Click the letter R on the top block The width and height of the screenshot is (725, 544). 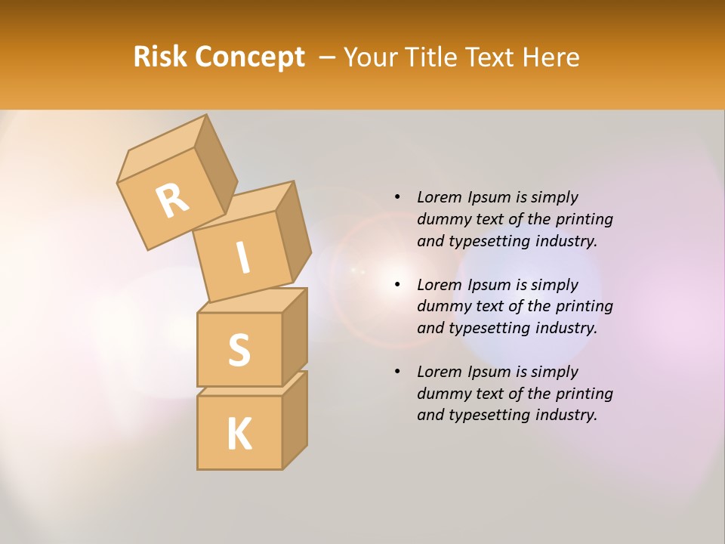[172, 200]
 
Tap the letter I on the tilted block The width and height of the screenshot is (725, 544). [242, 258]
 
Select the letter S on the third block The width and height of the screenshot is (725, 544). [239, 350]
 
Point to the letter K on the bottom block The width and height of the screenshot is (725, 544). [239, 434]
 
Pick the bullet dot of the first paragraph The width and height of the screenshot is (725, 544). [397, 197]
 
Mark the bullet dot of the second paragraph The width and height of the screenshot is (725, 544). [397, 285]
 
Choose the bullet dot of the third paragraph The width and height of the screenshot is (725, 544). [397, 372]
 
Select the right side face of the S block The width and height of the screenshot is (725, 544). [295, 336]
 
